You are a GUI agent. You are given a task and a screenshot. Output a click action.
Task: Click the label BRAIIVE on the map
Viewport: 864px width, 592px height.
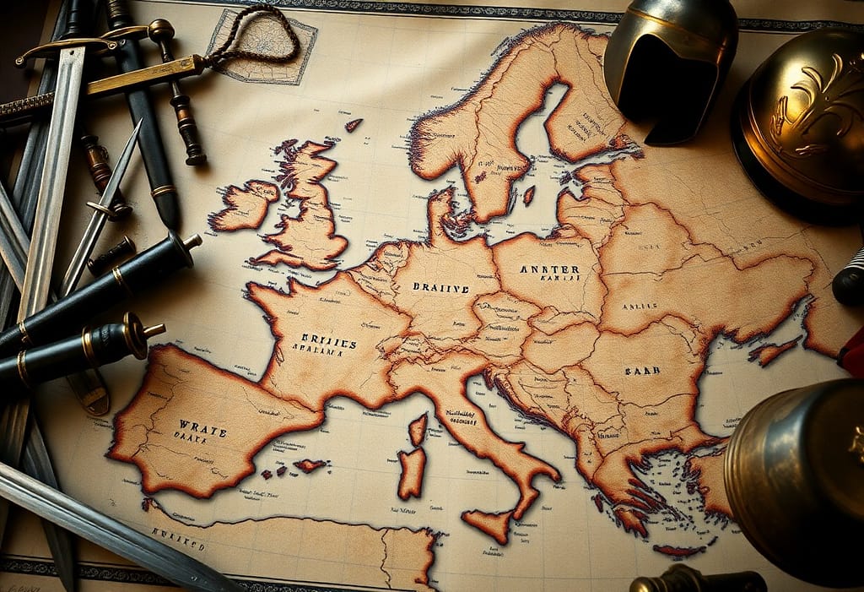pos(440,287)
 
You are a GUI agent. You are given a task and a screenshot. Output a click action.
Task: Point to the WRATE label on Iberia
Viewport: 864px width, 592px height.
pos(202,429)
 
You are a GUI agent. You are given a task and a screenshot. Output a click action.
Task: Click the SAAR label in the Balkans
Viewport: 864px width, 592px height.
pos(643,370)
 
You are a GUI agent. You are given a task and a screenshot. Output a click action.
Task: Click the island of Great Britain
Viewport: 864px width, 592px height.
pos(308,211)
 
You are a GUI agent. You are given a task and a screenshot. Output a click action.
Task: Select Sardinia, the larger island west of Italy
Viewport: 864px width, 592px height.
pos(411,472)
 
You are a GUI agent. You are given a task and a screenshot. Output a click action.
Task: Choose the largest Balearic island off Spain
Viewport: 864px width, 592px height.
pos(310,464)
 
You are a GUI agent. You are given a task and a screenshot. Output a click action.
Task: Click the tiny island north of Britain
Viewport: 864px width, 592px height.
pos(353,125)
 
